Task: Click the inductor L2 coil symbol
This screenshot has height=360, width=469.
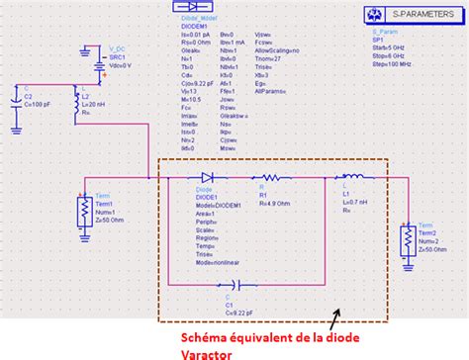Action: pos(77,105)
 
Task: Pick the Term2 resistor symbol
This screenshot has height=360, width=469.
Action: pos(406,239)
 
